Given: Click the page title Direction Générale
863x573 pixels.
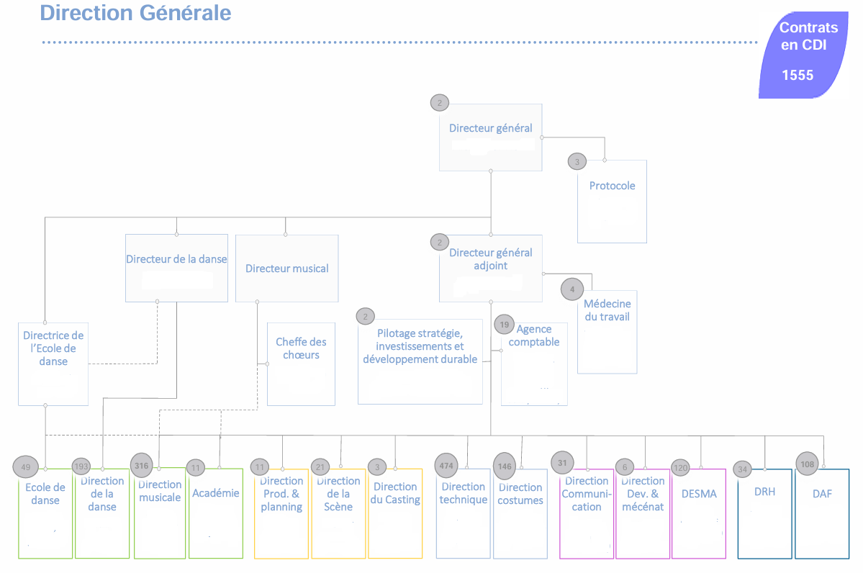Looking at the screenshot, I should pyautogui.click(x=135, y=13).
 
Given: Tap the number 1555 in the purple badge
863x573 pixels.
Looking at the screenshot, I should pyautogui.click(x=798, y=76).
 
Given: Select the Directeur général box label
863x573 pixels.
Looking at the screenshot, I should pyautogui.click(x=490, y=128).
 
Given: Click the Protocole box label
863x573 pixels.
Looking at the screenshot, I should pyautogui.click(x=612, y=186).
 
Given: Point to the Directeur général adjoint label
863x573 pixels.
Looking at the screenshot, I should pyautogui.click(x=490, y=259).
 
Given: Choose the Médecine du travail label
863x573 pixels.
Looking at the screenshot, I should pyautogui.click(x=607, y=310).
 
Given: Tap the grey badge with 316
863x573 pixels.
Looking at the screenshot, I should pyautogui.click(x=142, y=466).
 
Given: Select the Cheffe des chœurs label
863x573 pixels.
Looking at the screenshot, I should pyautogui.click(x=301, y=348).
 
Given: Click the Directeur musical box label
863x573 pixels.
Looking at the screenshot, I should pyautogui.click(x=286, y=269).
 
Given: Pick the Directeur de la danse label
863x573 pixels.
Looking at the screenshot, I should pyautogui.click(x=176, y=259).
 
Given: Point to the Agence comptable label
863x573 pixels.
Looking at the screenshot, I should pyautogui.click(x=533, y=335).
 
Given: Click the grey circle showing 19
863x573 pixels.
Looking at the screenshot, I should pyautogui.click(x=505, y=325).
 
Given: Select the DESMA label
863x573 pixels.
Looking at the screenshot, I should pyautogui.click(x=699, y=494).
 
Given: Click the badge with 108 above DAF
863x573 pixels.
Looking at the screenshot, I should pyautogui.click(x=808, y=464).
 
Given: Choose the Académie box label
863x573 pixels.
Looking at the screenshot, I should pyautogui.click(x=215, y=493).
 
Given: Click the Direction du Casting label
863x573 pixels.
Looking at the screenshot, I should pyautogui.click(x=395, y=493).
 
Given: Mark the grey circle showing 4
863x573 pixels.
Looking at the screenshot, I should pyautogui.click(x=572, y=289).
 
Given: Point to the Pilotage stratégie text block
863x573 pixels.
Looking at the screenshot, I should pyautogui.click(x=420, y=346).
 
